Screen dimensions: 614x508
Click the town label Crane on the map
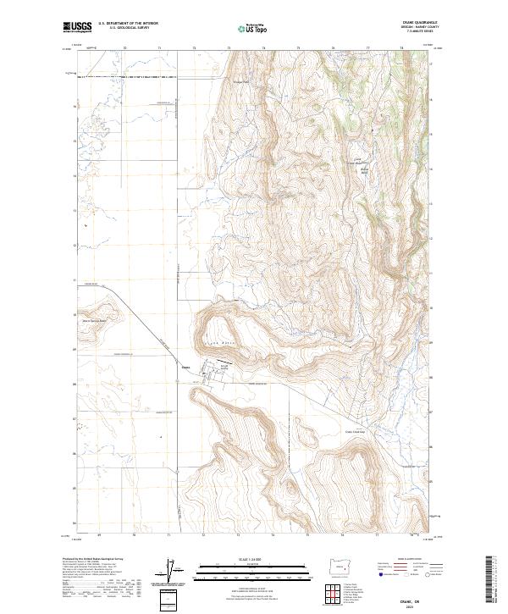pos(186,367)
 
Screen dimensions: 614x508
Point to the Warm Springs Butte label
pos(96,320)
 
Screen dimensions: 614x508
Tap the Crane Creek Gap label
pos(358,430)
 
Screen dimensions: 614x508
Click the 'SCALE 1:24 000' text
pos(251,559)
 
